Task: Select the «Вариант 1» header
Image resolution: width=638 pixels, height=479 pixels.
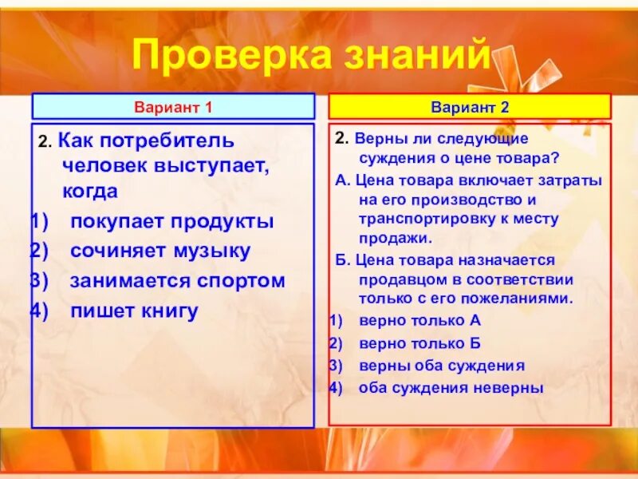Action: (173, 106)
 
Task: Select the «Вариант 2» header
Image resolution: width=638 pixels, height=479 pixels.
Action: (470, 106)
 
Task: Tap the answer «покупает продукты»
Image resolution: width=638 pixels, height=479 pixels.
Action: (171, 221)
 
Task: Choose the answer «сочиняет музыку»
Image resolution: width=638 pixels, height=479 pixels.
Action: (160, 251)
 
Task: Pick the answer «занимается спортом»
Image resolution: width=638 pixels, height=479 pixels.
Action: (177, 281)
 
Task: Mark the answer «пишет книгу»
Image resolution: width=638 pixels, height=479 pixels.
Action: (134, 311)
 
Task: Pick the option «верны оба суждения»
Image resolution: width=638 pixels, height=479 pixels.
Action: (441, 366)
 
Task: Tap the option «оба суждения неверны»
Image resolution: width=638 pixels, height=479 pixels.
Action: (451, 389)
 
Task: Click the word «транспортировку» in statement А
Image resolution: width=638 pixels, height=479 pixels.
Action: (420, 219)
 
